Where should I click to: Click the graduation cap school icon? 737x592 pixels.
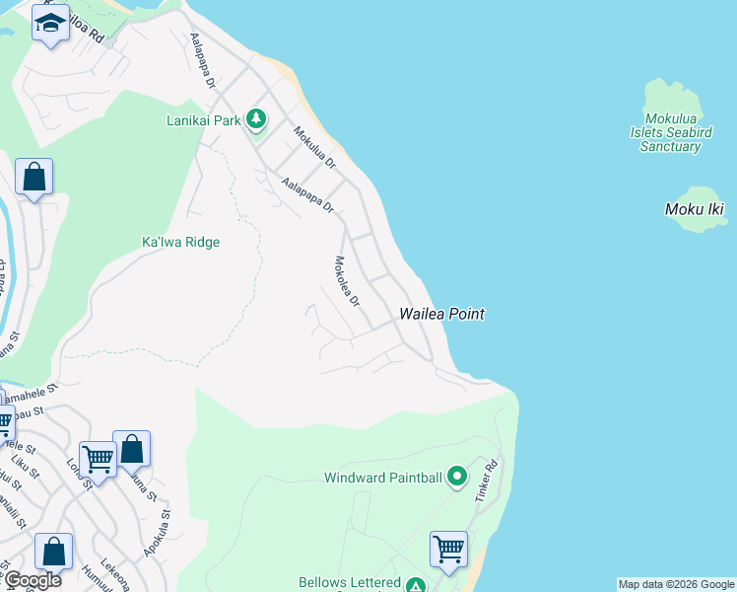(49, 23)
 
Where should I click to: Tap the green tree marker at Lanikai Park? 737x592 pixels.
(256, 120)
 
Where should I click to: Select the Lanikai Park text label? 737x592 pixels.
(204, 120)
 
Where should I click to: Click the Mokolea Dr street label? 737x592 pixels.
(347, 281)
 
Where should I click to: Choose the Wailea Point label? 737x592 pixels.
(441, 314)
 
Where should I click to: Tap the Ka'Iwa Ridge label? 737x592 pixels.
(180, 242)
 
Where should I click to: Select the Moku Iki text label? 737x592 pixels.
(695, 209)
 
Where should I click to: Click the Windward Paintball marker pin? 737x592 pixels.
(456, 478)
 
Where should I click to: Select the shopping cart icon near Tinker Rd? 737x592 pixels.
(448, 548)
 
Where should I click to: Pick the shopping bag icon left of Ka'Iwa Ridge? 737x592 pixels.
(33, 178)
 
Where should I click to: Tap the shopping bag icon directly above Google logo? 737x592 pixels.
(53, 551)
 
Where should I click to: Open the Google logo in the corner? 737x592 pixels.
(32, 580)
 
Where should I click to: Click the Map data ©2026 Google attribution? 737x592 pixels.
(676, 584)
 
